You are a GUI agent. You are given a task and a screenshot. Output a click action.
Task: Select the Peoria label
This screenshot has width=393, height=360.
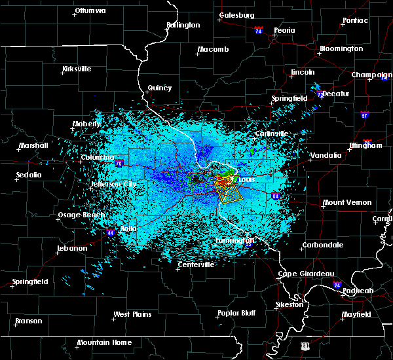[284, 31]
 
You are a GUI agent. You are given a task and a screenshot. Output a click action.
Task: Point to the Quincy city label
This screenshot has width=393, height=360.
[160, 88]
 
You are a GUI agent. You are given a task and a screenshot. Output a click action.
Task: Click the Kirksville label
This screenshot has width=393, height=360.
[76, 69]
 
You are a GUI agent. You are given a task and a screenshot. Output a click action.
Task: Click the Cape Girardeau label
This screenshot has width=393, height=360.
[306, 274]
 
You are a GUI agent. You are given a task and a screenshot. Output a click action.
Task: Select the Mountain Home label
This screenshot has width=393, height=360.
[104, 342]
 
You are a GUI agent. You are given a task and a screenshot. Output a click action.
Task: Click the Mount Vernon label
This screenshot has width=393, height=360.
[347, 203]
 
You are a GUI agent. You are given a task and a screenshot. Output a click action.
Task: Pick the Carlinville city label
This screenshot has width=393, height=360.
[271, 134]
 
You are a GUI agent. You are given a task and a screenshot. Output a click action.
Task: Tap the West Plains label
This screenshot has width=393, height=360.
[133, 315]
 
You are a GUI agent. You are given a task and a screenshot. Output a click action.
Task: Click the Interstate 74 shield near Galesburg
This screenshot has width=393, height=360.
[258, 30]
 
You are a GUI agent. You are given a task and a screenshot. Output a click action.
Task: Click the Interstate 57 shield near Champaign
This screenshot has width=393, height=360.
[364, 115]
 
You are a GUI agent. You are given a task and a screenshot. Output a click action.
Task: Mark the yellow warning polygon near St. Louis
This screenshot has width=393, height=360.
[229, 190]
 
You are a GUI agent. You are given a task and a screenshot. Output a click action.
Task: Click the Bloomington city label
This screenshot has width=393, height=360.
[341, 49]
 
